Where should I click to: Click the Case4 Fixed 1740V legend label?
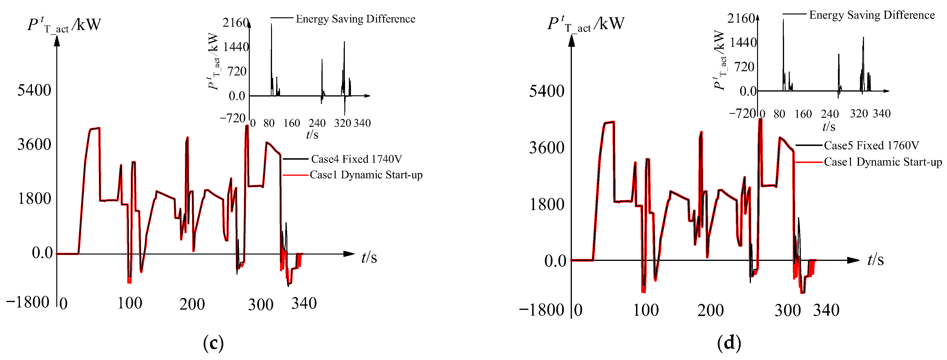pos(356,159)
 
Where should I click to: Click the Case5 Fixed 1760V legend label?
pos(871,146)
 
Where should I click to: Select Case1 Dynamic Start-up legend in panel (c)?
pos(366,175)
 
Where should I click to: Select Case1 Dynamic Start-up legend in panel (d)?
pos(883,162)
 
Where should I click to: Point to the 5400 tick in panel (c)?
pos(34,90)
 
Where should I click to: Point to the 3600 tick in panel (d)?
pos(546,148)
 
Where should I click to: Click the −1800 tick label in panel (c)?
pos(28,302)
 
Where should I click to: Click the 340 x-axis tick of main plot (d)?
pos(826,310)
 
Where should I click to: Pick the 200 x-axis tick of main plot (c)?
pos(192,304)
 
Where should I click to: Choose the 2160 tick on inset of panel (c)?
pos(235,23)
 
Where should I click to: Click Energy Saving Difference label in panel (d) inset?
pos(872,15)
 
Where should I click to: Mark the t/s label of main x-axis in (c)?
pos(369,257)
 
